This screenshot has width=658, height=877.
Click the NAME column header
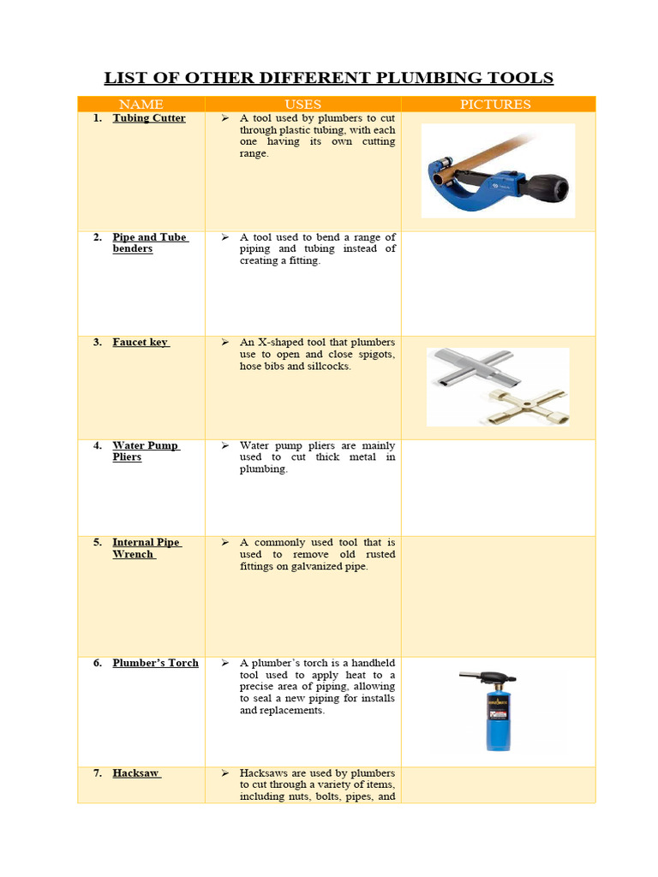coord(141,104)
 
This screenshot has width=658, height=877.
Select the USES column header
coord(302,104)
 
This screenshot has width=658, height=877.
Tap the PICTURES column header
coord(495,104)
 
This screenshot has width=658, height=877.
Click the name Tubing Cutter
coord(148,118)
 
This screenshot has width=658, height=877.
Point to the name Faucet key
coord(141,343)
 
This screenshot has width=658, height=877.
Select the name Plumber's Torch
coord(155,663)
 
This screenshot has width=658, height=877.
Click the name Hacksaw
coord(136,773)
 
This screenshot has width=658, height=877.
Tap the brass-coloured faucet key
coord(522,403)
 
